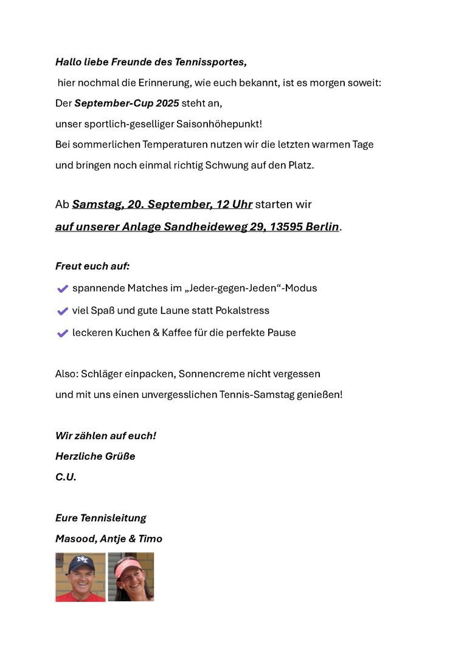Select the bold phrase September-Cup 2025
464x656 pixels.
(x=126, y=103)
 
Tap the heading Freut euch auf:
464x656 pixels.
(x=92, y=266)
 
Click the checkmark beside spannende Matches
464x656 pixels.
(x=62, y=289)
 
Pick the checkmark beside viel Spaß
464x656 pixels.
(x=62, y=311)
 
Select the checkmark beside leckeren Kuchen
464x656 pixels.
(x=62, y=333)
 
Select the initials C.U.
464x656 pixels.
(x=66, y=477)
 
